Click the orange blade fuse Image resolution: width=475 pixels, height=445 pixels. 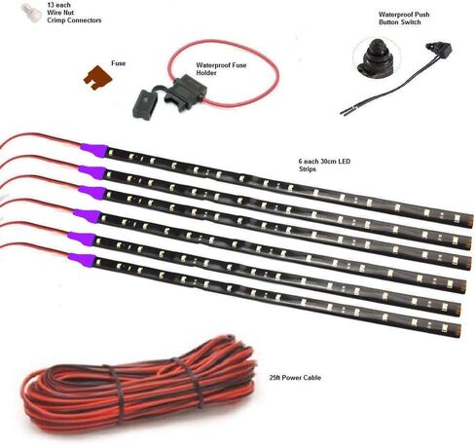pyautogui.click(x=97, y=78)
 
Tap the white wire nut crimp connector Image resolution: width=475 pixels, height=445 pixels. pyautogui.click(x=31, y=13)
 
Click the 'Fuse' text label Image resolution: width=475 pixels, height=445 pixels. pyautogui.click(x=118, y=63)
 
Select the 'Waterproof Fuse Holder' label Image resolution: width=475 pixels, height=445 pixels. pyautogui.click(x=221, y=69)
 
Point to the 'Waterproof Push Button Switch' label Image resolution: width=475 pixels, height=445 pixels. pyautogui.click(x=404, y=19)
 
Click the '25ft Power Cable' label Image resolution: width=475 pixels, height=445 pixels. pyautogui.click(x=295, y=378)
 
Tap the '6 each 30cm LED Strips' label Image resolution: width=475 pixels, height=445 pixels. pyautogui.click(x=324, y=165)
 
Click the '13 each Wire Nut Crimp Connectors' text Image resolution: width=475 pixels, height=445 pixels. pyautogui.click(x=74, y=13)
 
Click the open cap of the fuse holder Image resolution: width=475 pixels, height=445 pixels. pyautogui.click(x=144, y=104)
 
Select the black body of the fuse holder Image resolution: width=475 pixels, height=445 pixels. pyautogui.click(x=182, y=89)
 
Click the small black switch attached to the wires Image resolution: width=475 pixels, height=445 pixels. pyautogui.click(x=441, y=51)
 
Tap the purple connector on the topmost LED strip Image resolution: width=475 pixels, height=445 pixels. pyautogui.click(x=94, y=150)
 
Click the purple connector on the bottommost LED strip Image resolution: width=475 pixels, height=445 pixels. pyautogui.click(x=83, y=259)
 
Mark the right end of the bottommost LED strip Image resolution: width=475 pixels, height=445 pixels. pyautogui.click(x=458, y=331)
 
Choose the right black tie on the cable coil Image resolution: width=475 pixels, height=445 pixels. pyautogui.click(x=192, y=383)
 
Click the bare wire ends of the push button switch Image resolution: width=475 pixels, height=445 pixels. pyautogui.click(x=344, y=113)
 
